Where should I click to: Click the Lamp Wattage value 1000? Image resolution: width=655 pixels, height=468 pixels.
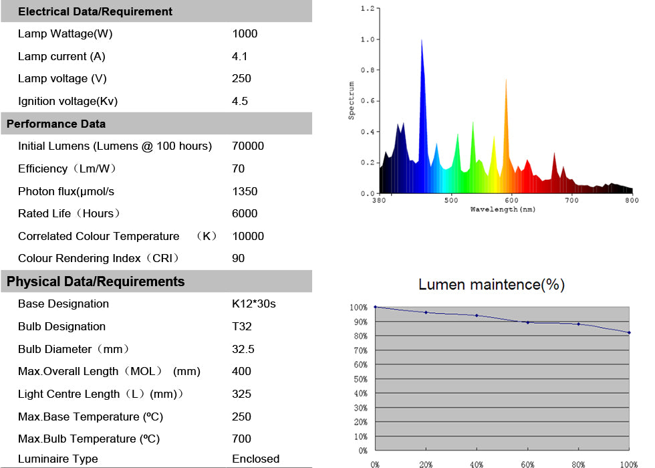pos(245,34)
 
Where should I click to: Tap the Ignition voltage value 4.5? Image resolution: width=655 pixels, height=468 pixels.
pos(240,102)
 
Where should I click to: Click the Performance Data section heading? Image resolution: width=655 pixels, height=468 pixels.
pos(56,124)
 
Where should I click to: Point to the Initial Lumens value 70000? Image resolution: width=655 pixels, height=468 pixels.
pos(248,146)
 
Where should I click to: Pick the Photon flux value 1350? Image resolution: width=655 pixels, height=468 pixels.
pos(245,191)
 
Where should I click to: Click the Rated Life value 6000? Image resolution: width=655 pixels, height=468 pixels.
pos(245,214)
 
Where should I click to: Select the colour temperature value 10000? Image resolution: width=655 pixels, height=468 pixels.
pos(248,236)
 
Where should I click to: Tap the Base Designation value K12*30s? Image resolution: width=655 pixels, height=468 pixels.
pos(254,304)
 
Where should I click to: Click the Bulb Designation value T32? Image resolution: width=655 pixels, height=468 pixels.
pos(241,326)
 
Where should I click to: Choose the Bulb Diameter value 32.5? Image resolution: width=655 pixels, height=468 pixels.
pos(243,349)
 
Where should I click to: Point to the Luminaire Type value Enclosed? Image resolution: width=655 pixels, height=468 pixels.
pos(255,459)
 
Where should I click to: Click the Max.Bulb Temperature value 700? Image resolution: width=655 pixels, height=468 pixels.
pos(242,439)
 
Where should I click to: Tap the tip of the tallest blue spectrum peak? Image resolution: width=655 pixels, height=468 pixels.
pos(422,40)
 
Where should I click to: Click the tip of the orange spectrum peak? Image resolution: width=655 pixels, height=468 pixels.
pos(506,79)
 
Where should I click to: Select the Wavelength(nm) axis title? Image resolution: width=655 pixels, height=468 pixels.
pos(503,209)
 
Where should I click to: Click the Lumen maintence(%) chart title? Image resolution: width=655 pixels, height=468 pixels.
pos(491,285)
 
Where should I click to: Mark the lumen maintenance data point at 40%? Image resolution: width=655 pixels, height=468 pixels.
pos(477,316)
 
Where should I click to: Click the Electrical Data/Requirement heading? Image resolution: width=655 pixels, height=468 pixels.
pos(95,11)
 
